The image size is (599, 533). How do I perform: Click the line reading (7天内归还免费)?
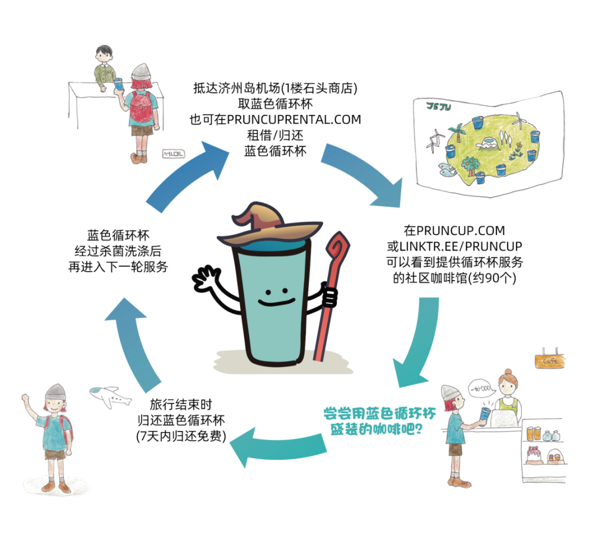coord(181,436)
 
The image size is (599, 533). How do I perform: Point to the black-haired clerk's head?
coord(104,54)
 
